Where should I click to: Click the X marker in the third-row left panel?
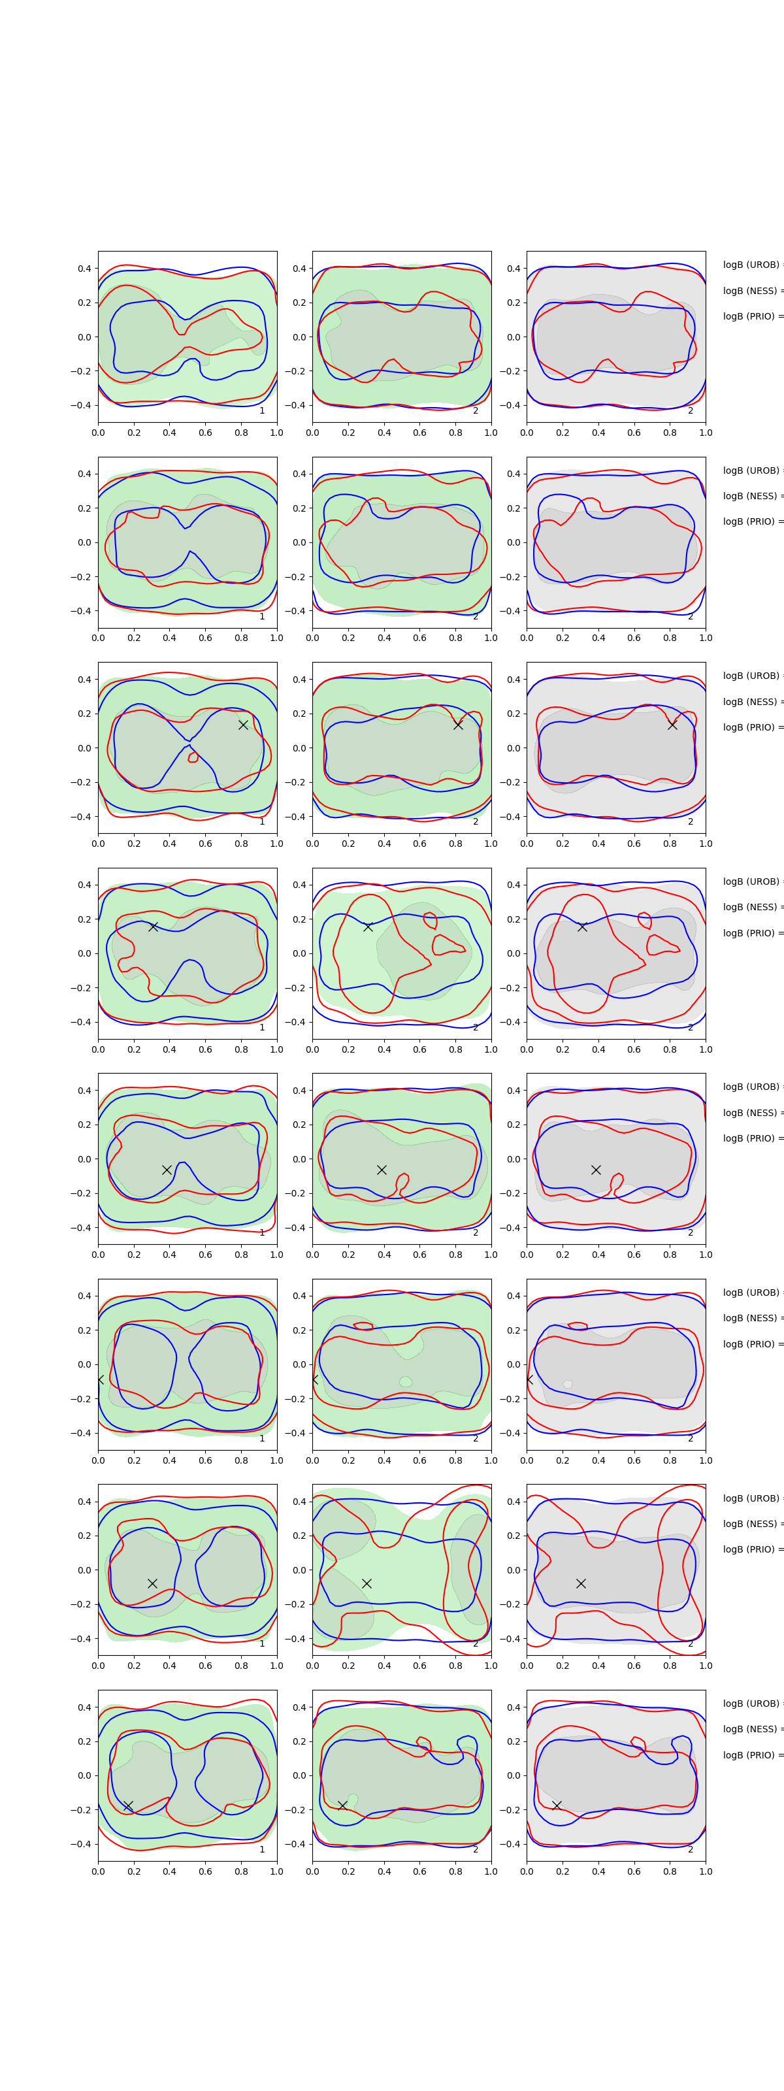pos(242,725)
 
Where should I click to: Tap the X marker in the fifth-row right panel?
pos(596,1170)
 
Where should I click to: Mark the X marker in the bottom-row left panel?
pos(128,1806)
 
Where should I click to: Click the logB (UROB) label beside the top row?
pos(751,265)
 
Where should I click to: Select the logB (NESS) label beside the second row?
pos(751,496)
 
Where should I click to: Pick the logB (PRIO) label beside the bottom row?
pos(751,1755)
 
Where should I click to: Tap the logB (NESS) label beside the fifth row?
pos(751,1113)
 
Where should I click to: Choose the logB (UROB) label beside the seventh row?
pos(751,1498)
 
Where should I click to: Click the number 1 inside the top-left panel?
pos(262,411)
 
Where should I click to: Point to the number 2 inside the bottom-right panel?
pos(691,1850)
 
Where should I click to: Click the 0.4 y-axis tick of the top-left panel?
pos(84,269)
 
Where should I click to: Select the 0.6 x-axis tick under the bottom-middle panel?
pos(419,1871)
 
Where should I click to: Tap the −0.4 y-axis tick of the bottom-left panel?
pos(82,1844)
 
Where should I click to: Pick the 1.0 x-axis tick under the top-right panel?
pos(706,433)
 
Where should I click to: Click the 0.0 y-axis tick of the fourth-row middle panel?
pos(299,954)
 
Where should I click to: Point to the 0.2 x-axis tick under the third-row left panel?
pos(134,844)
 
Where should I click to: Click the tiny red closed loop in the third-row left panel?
pos(193,757)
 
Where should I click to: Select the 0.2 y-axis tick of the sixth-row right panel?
pos(513,1330)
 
